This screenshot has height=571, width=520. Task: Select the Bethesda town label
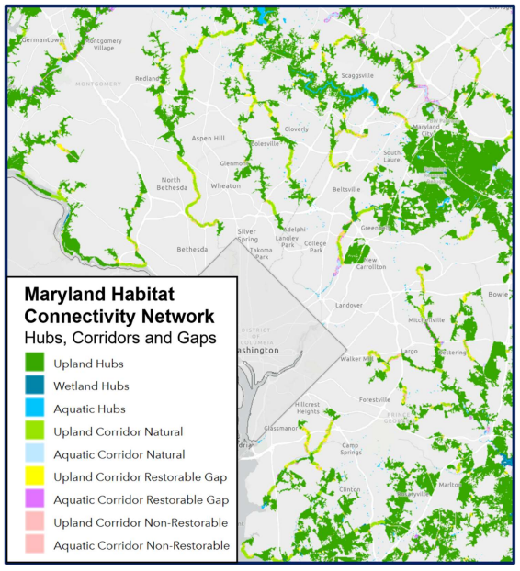click(x=193, y=249)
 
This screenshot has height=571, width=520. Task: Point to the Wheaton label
click(x=226, y=185)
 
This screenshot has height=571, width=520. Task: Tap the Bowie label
click(x=497, y=296)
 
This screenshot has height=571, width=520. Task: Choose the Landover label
click(x=349, y=305)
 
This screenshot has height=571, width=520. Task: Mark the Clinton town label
click(x=350, y=489)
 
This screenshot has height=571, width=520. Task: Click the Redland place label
click(x=147, y=79)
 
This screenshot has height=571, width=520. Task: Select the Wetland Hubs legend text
click(x=91, y=386)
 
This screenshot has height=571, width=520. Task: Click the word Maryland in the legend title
click(x=69, y=295)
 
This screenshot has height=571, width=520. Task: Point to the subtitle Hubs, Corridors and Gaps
click(x=119, y=338)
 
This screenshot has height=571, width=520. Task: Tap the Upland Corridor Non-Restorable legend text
click(x=141, y=523)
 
